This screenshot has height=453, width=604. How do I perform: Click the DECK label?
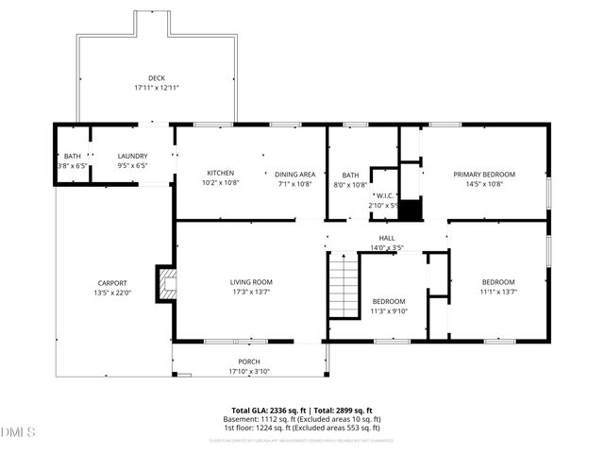point(156,78)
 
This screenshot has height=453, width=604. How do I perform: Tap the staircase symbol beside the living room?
point(344,290)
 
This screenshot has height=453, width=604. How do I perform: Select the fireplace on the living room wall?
point(167,284)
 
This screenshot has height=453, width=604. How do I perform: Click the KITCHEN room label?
point(221,174)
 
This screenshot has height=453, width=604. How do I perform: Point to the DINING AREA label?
point(294,174)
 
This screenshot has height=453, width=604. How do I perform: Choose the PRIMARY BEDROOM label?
point(484,174)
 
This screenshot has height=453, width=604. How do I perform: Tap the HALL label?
point(387,238)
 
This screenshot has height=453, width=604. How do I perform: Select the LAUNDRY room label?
point(132,156)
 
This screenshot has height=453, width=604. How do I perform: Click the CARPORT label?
point(112,283)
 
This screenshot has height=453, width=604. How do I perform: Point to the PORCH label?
point(249,361)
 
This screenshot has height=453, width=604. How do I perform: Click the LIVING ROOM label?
point(251,282)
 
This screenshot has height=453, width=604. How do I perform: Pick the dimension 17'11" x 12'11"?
point(156,88)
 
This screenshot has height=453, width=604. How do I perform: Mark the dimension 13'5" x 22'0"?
point(112,293)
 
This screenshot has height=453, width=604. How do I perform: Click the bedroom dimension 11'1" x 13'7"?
point(498,292)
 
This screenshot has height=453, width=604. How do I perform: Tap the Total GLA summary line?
point(302,411)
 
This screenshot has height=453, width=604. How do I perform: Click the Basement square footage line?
point(302,419)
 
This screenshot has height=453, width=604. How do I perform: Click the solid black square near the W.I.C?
point(409,208)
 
